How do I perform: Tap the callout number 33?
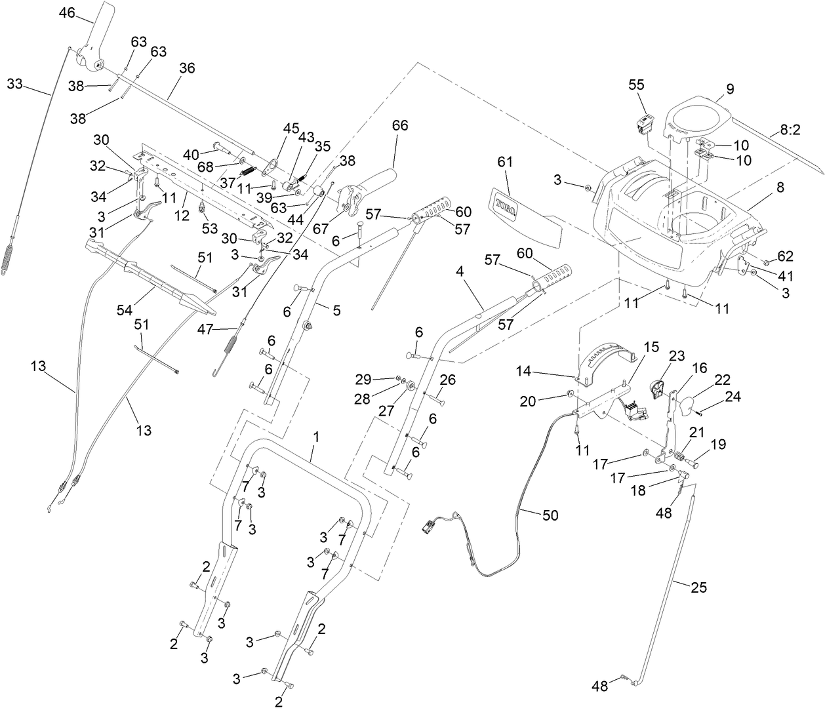pos(15,84)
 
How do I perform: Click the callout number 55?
pos(636,85)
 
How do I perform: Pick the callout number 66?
pos(400,125)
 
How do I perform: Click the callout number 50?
pos(550,515)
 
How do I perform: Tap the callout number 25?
pos(699,587)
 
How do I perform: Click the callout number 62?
pos(785,255)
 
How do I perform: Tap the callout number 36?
pos(187,68)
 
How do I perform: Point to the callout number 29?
pos(363,379)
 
